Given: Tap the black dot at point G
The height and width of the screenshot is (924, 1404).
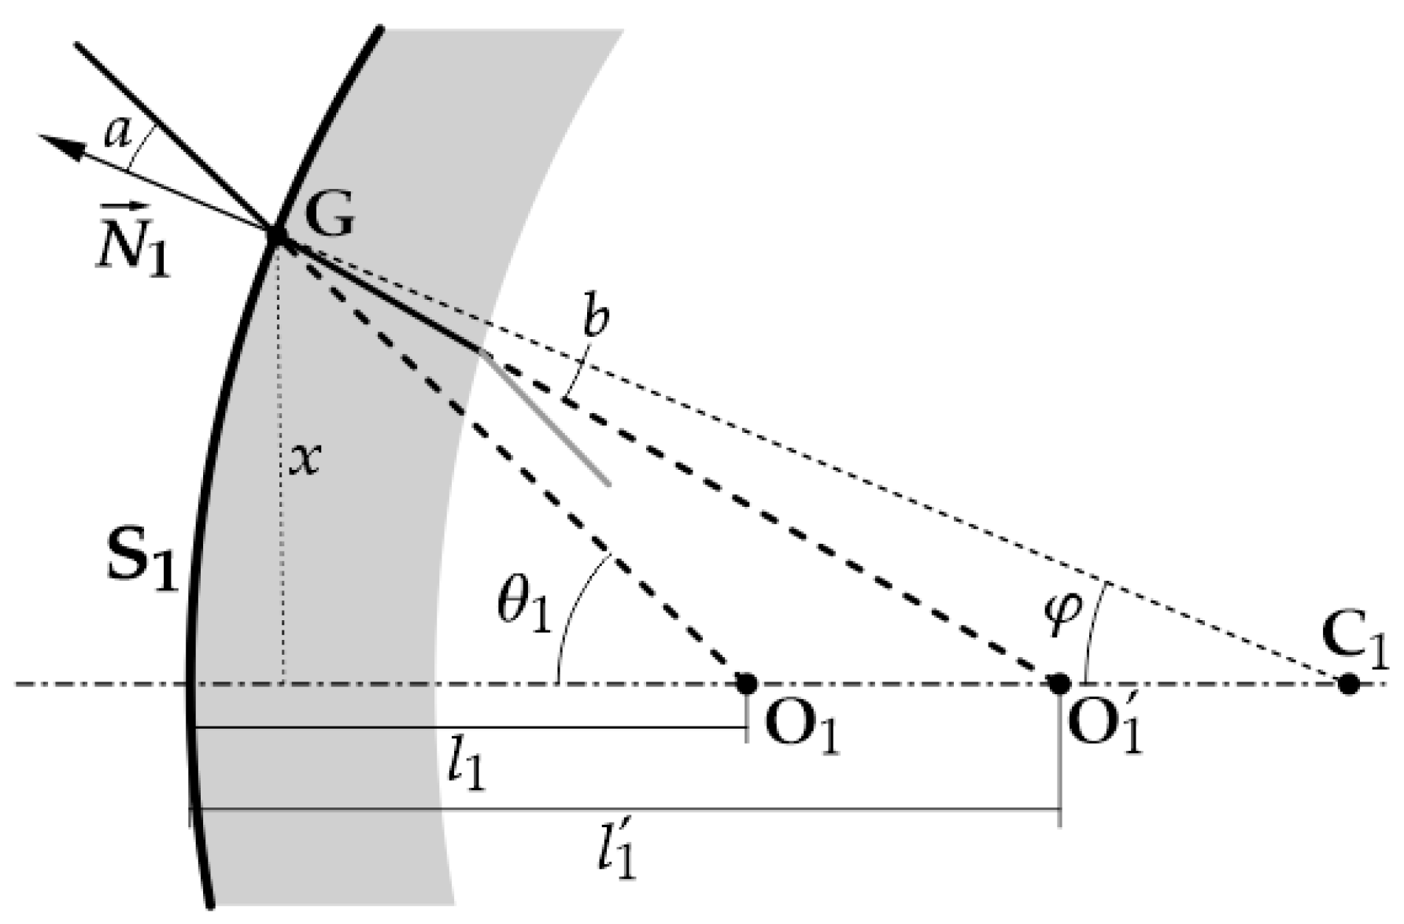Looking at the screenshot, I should click(x=277, y=235).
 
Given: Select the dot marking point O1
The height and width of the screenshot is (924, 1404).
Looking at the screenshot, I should click(x=746, y=683).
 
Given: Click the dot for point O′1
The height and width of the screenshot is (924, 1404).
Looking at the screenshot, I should click(x=1059, y=683).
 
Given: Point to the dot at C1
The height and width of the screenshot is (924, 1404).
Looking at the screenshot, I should click(x=1349, y=683).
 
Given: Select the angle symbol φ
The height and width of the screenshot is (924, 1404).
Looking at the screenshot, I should click(x=1063, y=607).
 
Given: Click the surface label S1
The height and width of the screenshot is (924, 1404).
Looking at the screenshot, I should click(x=142, y=563).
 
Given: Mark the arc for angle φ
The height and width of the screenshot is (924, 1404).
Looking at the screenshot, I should click(x=1092, y=630).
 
